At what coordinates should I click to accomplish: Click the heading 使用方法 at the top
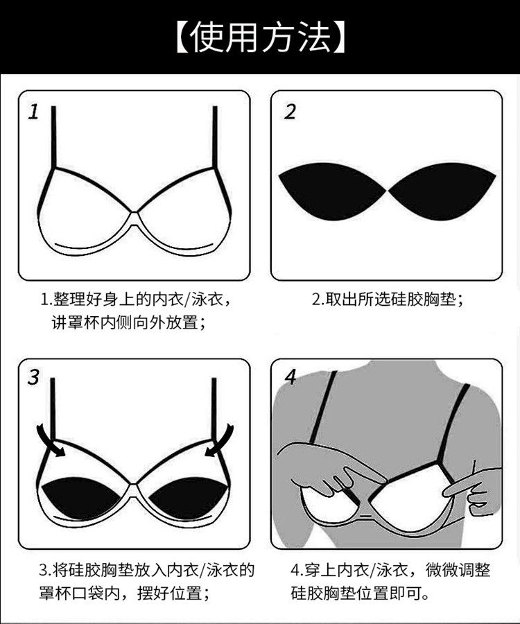tap(260, 38)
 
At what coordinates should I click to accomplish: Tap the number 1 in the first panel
tap(34, 112)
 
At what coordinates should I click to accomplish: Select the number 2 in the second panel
tap(290, 112)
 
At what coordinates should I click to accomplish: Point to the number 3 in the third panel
tap(34, 377)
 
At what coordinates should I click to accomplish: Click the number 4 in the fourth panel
tap(291, 377)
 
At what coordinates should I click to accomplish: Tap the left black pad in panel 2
tap(332, 190)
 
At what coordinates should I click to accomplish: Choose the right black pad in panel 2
tap(442, 190)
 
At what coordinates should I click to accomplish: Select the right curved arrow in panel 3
tap(220, 440)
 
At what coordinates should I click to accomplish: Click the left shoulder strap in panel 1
tap(53, 137)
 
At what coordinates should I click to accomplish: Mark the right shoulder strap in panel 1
tap(215, 137)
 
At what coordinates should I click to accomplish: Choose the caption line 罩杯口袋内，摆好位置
tap(124, 593)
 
